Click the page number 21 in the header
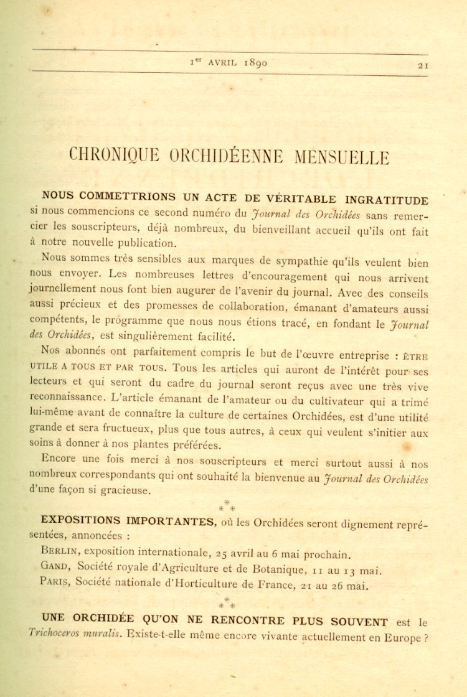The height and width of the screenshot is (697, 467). click(423, 64)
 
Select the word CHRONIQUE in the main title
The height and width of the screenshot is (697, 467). click(115, 156)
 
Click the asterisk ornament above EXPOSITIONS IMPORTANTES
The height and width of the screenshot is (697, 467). click(227, 505)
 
